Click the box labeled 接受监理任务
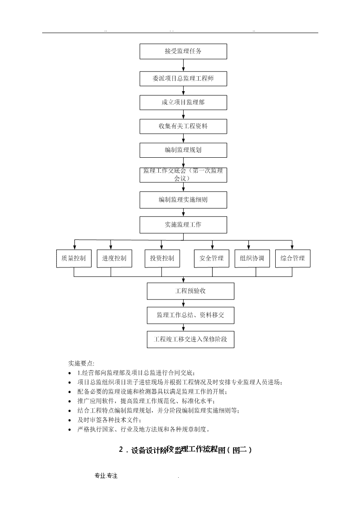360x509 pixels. click(x=183, y=51)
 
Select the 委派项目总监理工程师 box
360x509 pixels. click(x=183, y=78)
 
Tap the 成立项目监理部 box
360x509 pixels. click(x=183, y=102)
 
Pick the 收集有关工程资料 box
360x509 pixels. click(x=183, y=126)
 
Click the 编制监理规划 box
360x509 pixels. click(x=183, y=150)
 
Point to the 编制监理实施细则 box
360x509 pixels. click(x=183, y=200)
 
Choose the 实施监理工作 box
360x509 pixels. click(x=183, y=225)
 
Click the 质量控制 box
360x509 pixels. click(x=74, y=258)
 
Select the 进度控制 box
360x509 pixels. click(x=114, y=258)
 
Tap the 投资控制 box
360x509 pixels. click(x=162, y=258)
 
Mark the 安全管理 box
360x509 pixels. click(x=212, y=258)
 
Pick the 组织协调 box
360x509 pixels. click(x=252, y=258)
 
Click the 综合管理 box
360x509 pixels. click(x=293, y=258)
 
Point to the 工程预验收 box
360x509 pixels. click(x=190, y=291)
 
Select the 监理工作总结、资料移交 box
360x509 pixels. click(x=190, y=315)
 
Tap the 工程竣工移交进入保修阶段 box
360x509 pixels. click(x=190, y=339)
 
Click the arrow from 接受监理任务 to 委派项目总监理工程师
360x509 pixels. click(x=184, y=65)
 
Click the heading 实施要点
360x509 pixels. click(x=81, y=364)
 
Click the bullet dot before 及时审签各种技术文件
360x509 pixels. click(x=70, y=420)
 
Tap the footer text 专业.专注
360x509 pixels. click(x=106, y=476)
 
